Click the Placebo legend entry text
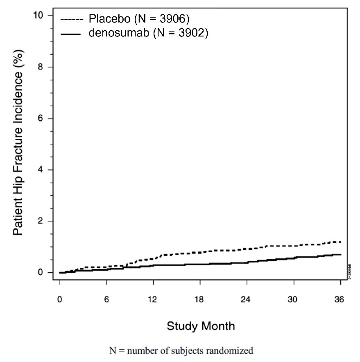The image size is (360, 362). [x=139, y=19]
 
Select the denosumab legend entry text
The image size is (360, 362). [x=148, y=34]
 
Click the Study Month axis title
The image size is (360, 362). [x=200, y=326]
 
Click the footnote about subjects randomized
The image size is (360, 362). [x=181, y=351]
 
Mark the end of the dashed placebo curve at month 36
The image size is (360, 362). [x=340, y=242]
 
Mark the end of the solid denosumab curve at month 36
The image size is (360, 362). [x=340, y=255]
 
